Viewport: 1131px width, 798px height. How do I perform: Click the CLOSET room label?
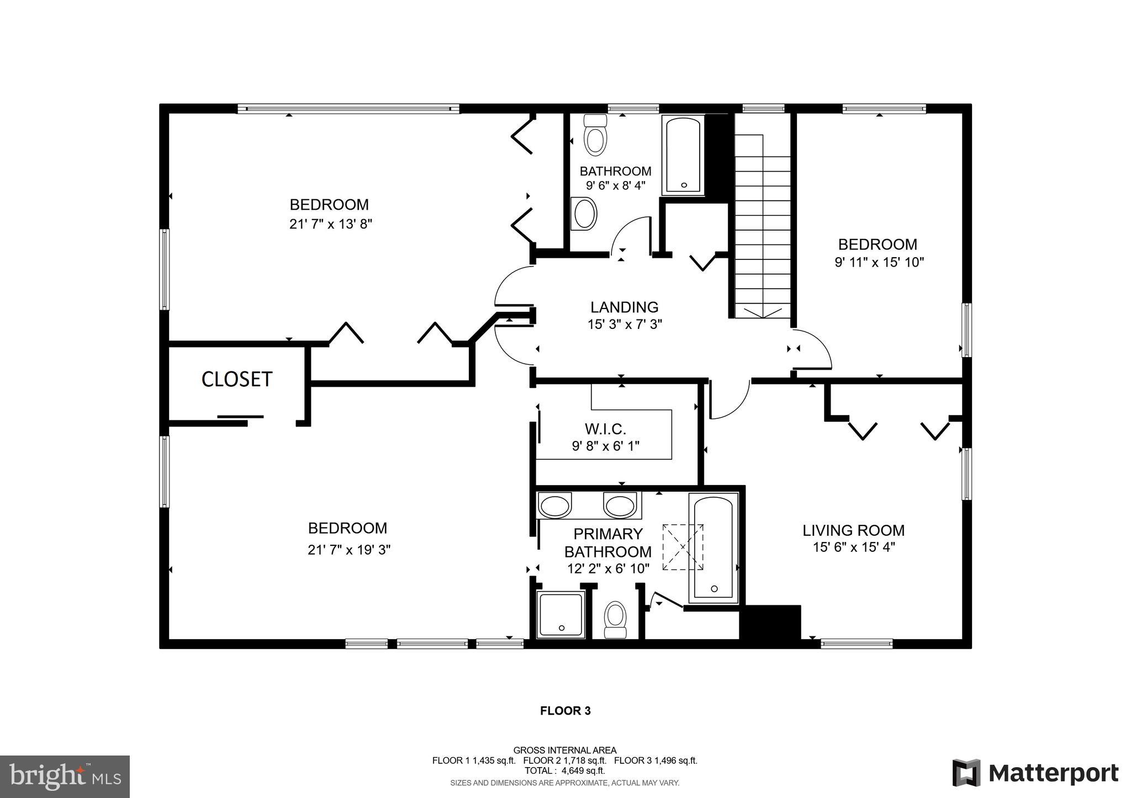pyautogui.click(x=237, y=379)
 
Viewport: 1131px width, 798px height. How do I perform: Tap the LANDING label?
pyautogui.click(x=624, y=307)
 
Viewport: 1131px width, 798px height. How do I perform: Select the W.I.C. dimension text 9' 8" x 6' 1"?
pyautogui.click(x=606, y=446)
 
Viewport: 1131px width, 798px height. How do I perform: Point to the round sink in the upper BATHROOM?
pyautogui.click(x=585, y=214)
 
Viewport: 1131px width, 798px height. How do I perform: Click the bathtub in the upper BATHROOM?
pyautogui.click(x=684, y=155)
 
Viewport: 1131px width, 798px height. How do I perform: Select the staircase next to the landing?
pyautogui.click(x=762, y=226)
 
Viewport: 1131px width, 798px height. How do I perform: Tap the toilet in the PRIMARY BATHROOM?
pyautogui.click(x=615, y=620)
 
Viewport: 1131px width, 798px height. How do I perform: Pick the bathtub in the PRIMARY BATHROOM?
pyautogui.click(x=714, y=546)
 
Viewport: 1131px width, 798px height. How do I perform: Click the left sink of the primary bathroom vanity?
pyautogui.click(x=554, y=506)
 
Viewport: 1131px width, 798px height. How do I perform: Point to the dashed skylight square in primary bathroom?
pyautogui.click(x=684, y=547)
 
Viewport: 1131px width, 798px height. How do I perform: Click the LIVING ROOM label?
pyautogui.click(x=853, y=530)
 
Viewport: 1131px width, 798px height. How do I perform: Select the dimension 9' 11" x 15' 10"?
pyautogui.click(x=879, y=262)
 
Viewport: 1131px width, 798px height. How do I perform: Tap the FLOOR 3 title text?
pyautogui.click(x=565, y=711)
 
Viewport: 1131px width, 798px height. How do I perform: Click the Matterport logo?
pyautogui.click(x=1035, y=773)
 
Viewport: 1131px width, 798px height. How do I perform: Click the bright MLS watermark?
pyautogui.click(x=65, y=777)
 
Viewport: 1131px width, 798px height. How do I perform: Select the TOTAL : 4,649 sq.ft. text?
pyautogui.click(x=564, y=770)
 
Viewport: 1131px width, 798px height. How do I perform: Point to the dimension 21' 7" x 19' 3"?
pyautogui.click(x=349, y=550)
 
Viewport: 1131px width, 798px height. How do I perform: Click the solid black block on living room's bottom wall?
pyautogui.click(x=770, y=623)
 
